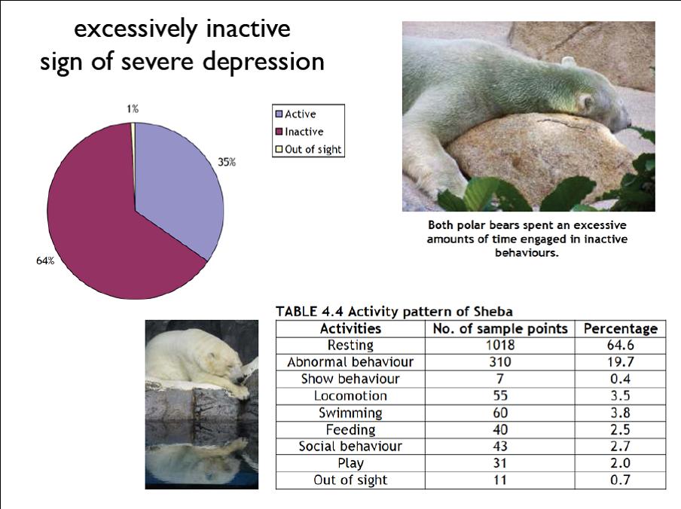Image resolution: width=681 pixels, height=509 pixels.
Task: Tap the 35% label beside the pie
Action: [x=227, y=163]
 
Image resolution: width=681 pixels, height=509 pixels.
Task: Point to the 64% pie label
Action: [x=45, y=261]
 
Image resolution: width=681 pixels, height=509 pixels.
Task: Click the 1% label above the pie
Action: [x=133, y=108]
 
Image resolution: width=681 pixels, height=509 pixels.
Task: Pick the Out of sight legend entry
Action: [x=309, y=149]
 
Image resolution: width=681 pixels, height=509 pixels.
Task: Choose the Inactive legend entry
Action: [x=300, y=132]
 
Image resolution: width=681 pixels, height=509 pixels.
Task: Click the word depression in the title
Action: [x=264, y=62]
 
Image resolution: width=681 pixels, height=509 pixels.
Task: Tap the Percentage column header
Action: [x=620, y=328]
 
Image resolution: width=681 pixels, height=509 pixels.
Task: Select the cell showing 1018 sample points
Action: [x=500, y=345]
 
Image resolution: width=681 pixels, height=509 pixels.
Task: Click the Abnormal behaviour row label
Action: [x=350, y=362]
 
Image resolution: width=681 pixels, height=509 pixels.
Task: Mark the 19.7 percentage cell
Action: [x=620, y=362]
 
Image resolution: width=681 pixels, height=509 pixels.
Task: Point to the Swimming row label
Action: [x=350, y=413]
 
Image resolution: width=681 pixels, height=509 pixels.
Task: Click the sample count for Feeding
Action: [x=500, y=430]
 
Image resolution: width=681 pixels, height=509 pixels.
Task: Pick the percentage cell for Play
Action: [x=620, y=463]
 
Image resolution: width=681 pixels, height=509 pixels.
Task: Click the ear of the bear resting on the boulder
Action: [x=586, y=103]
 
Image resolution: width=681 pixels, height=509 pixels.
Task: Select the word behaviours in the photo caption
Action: [x=527, y=252]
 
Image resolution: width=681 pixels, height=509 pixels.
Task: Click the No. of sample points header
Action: [x=500, y=328]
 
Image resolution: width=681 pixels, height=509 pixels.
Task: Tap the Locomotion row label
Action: [x=350, y=396]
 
